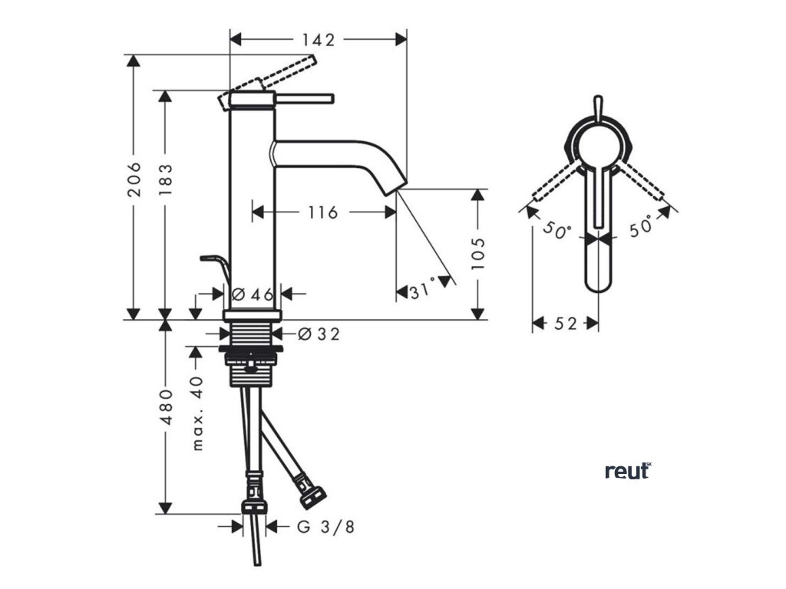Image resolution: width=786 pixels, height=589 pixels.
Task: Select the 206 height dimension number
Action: [x=135, y=179]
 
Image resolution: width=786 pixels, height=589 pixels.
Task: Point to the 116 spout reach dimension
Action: [x=322, y=212]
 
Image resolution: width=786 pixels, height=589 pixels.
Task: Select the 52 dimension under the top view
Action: [x=565, y=324]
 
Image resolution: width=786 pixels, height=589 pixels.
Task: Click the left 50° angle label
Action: [x=558, y=229]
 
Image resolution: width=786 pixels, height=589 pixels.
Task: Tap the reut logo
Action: [x=627, y=470]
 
